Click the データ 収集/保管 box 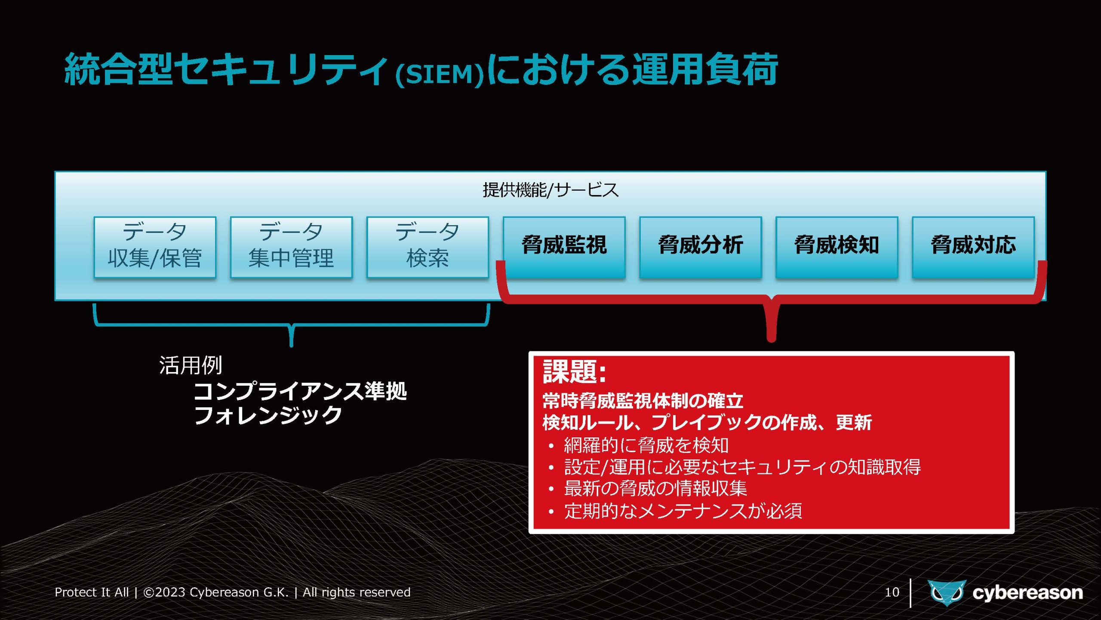(x=155, y=247)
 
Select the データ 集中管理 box (x=291, y=247)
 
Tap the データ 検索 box (x=427, y=247)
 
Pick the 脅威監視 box (x=564, y=247)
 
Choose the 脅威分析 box (x=700, y=247)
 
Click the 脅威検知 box (x=837, y=247)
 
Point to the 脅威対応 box (x=973, y=247)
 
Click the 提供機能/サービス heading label (x=550, y=190)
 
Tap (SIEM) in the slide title (x=440, y=74)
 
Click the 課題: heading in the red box (x=575, y=372)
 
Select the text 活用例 (x=191, y=366)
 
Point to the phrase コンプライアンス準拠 (x=300, y=391)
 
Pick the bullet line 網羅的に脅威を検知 (x=646, y=445)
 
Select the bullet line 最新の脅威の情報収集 (x=655, y=488)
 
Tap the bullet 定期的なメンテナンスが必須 (x=683, y=511)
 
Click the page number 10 (x=892, y=592)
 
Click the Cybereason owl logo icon (x=947, y=593)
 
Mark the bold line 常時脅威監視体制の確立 (x=643, y=401)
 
